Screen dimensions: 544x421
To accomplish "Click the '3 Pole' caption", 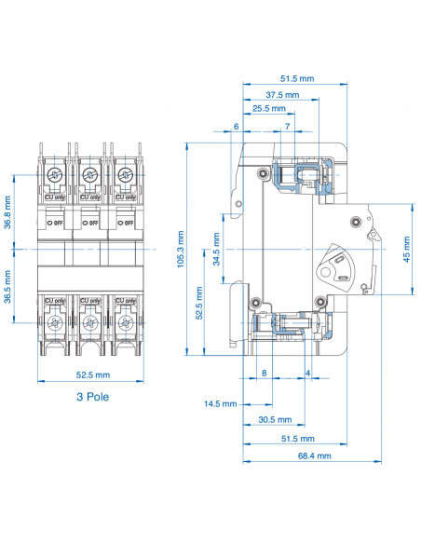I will tap(89, 396).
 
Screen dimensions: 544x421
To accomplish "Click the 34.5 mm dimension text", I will tap(217, 250).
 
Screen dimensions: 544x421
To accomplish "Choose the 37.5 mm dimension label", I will tap(281, 95).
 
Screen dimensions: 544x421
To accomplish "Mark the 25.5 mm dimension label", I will tap(268, 108).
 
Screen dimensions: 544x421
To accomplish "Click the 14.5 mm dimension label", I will tap(221, 403).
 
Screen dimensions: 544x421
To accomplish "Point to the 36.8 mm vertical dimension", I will tap(7, 211).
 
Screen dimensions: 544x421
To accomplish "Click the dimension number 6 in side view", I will tap(237, 126).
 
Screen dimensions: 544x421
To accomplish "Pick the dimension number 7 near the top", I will tap(286, 126).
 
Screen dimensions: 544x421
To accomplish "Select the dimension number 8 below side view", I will tap(264, 373).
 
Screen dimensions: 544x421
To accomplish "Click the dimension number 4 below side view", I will tap(308, 373).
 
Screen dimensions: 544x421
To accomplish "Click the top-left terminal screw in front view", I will tap(55, 176).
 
